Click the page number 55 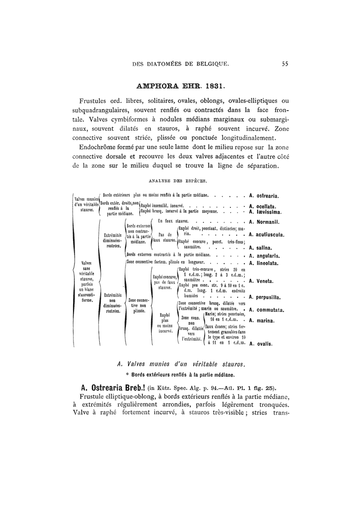tap(285, 64)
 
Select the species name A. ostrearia tap(264, 196)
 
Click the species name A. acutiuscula tap(266, 235)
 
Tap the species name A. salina tap(259, 248)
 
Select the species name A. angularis tap(263, 256)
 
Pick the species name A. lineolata tap(263, 263)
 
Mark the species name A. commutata tap(266, 310)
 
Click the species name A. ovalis tap(260, 344)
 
